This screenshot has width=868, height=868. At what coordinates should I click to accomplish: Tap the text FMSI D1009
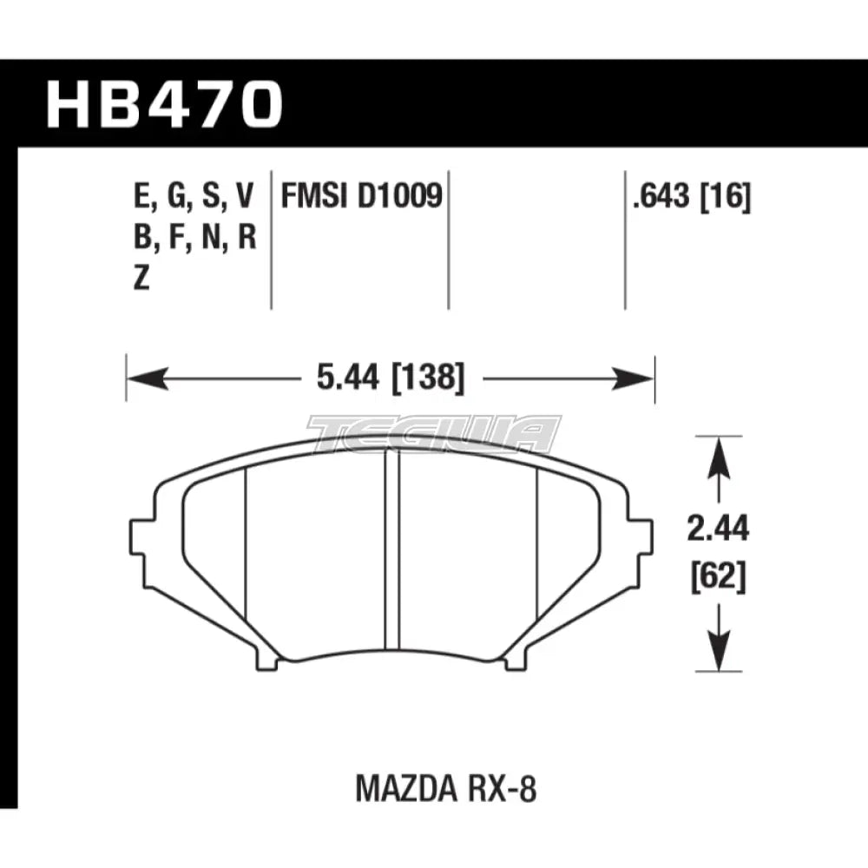pos(361,199)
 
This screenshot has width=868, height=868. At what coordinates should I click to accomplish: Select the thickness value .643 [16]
pos(691,199)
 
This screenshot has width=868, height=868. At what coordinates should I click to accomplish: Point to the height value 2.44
pos(718,529)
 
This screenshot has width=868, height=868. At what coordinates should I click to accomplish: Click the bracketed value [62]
pos(718,577)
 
